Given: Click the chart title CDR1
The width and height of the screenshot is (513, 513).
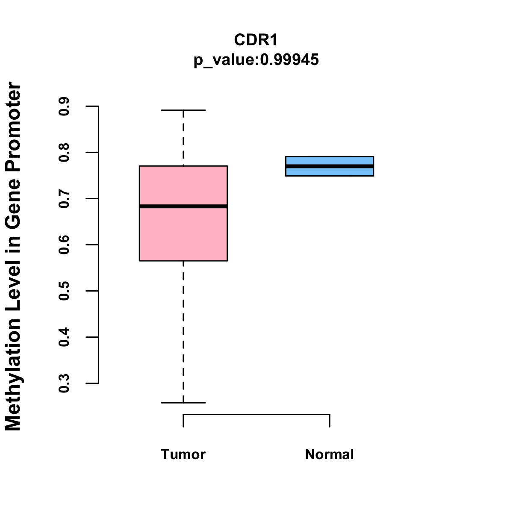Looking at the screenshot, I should [x=256, y=40].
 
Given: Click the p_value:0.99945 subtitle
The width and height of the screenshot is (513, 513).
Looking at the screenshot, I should [x=256, y=60].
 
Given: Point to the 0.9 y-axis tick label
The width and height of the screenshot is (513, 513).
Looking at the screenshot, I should [x=65, y=106].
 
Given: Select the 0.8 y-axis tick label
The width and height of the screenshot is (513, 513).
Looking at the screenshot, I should [x=65, y=153].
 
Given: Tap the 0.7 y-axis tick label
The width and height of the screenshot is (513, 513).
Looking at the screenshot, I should [x=65, y=199].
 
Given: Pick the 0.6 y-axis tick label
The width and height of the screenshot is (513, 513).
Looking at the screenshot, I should [x=65, y=245].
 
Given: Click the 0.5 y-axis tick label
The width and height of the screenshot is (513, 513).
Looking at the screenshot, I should [x=65, y=291].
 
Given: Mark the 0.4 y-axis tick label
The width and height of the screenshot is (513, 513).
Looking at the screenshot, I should [x=65, y=337].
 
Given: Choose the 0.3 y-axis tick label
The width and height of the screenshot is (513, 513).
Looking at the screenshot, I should [x=65, y=383].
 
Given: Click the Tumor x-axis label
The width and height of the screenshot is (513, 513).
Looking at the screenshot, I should [x=183, y=454].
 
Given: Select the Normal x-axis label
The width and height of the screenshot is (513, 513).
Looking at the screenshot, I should [x=329, y=454].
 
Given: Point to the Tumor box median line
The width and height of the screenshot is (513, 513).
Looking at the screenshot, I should [x=183, y=206].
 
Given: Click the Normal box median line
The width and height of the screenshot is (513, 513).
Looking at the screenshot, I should [x=330, y=166].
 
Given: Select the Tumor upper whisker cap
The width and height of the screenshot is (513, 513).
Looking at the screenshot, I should [x=183, y=110].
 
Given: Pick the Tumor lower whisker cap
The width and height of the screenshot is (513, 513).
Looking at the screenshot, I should [x=183, y=403].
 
